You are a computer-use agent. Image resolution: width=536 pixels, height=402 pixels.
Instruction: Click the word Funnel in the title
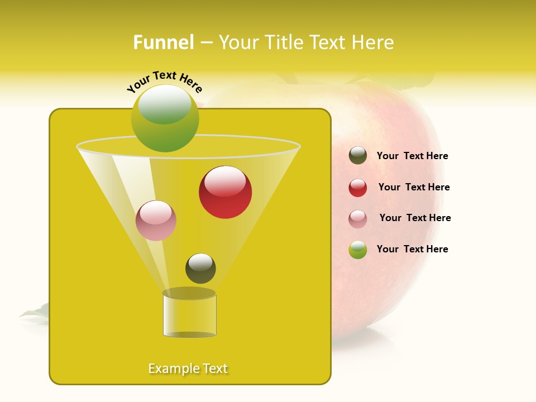tap(163, 42)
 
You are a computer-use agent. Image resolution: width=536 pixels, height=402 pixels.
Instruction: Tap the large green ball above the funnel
tap(165, 118)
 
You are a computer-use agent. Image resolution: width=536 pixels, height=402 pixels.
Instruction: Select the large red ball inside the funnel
tap(225, 192)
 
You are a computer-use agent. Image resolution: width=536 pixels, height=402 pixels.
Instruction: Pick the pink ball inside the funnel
tap(156, 221)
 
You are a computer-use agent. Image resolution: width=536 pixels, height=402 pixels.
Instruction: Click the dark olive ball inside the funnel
tap(200, 269)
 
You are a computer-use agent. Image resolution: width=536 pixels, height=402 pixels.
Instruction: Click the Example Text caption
tap(188, 368)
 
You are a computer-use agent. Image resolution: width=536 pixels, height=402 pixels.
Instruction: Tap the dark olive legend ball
tap(358, 156)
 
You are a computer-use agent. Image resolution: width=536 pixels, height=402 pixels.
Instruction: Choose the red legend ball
tap(358, 188)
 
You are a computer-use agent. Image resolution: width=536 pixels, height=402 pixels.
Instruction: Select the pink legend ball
tap(358, 219)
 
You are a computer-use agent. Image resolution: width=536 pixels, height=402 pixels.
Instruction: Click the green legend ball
tap(358, 250)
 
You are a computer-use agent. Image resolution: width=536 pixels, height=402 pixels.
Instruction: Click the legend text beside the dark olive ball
tap(412, 156)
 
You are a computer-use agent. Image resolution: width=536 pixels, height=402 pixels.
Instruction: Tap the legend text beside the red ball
tap(414, 187)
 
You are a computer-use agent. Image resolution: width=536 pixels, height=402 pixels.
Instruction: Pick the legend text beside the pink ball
tap(415, 218)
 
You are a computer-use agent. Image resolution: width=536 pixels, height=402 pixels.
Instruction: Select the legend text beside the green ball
tap(412, 249)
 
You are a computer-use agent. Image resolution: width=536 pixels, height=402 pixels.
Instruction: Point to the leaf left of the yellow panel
tap(35, 312)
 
